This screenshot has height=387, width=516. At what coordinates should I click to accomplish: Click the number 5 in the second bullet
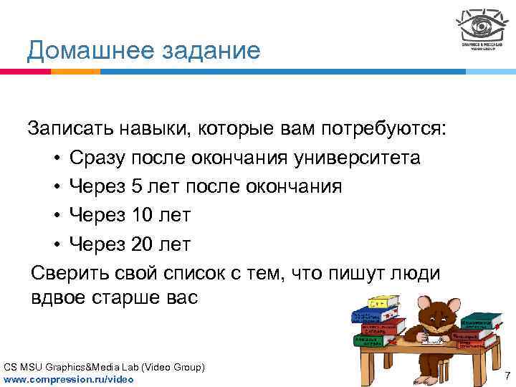pos(138,186)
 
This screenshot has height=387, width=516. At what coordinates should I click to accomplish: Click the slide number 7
pos(507,376)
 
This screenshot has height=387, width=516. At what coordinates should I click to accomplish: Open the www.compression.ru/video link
pos(68,378)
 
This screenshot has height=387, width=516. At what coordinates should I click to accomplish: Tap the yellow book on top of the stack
pos(388,302)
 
